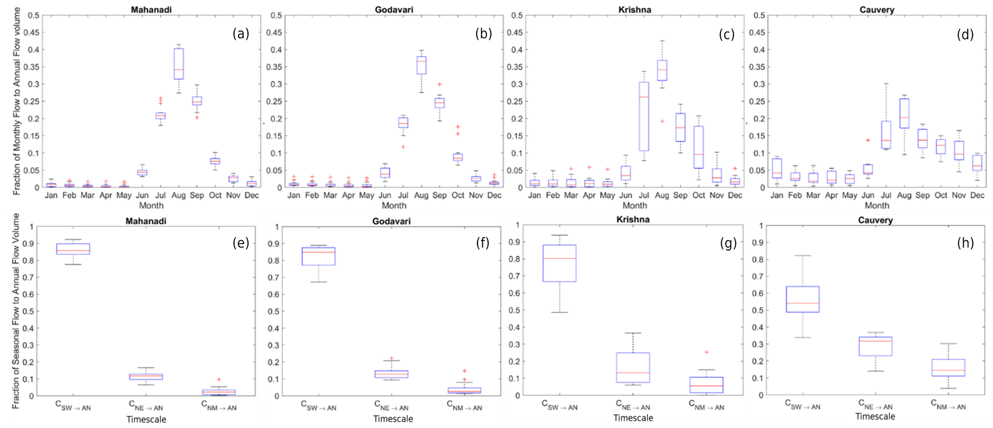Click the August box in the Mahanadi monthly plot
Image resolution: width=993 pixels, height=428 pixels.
[x=179, y=67]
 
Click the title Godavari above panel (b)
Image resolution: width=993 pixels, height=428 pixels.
[x=393, y=10]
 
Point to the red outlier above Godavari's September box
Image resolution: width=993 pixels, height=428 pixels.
[x=439, y=84]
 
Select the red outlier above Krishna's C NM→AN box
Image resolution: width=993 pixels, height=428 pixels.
[x=706, y=352]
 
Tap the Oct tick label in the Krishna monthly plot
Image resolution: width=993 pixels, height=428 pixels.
[x=699, y=195]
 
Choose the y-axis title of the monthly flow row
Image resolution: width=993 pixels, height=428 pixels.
[x=16, y=101]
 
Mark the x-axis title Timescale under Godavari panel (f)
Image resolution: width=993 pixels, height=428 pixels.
[x=393, y=419]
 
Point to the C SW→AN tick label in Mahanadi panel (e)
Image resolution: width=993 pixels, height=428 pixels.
[x=74, y=406]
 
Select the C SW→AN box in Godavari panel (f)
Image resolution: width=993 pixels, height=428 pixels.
[x=319, y=256]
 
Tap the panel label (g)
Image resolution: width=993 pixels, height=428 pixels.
[x=728, y=244]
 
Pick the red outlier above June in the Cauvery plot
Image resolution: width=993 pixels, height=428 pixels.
[x=868, y=140]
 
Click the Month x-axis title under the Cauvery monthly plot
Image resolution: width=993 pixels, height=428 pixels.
[x=877, y=206]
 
